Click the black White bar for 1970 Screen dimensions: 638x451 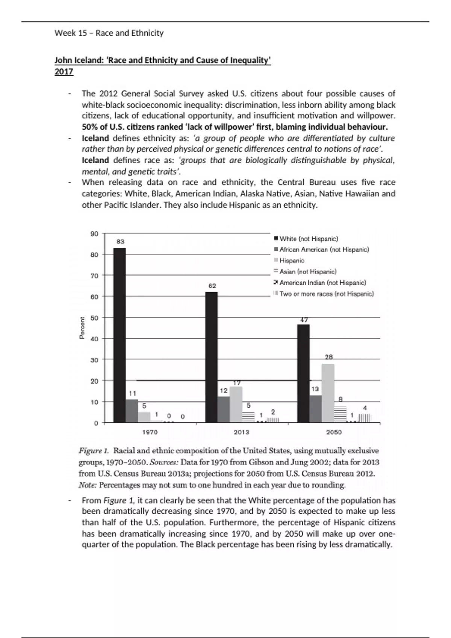[x=120, y=335]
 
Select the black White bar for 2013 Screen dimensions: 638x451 [x=212, y=357]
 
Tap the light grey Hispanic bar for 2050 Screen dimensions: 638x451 [x=328, y=393]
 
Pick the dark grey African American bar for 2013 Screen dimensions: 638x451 [x=224, y=409]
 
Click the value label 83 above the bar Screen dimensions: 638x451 [x=120, y=242]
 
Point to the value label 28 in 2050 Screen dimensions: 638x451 [x=329, y=357]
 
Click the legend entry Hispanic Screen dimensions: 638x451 [x=292, y=260]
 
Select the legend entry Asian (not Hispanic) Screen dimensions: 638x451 [x=308, y=271]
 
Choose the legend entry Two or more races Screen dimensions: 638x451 [x=326, y=294]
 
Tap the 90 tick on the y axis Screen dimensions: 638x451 [x=94, y=234]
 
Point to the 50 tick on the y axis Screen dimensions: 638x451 [x=94, y=318]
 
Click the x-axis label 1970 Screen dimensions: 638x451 [x=150, y=432]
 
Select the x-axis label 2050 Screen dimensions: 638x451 [x=334, y=432]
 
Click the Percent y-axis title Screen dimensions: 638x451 [x=82, y=328]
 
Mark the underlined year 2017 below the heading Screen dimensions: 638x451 [x=64, y=72]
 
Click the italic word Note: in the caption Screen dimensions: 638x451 [x=88, y=485]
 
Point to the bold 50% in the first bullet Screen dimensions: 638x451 [x=90, y=127]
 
